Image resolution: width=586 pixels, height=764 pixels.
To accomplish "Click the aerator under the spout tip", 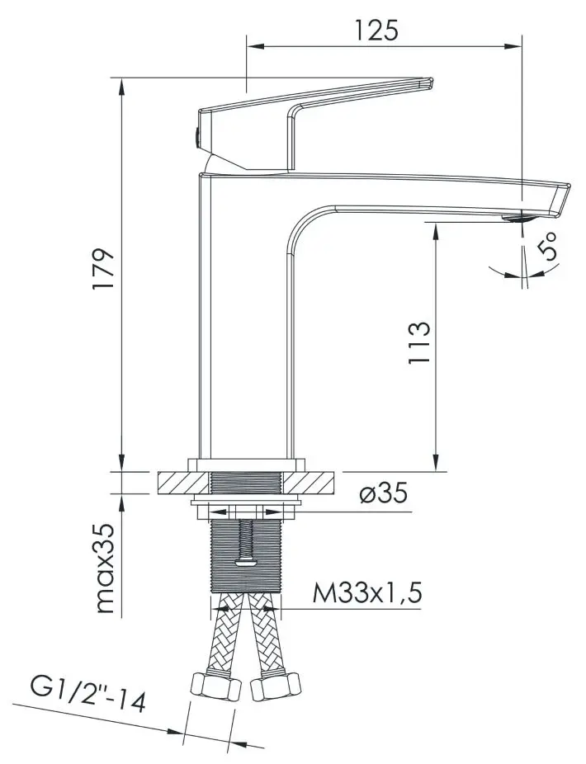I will [517, 219].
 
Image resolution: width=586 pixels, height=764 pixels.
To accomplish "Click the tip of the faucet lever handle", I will [428, 82].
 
